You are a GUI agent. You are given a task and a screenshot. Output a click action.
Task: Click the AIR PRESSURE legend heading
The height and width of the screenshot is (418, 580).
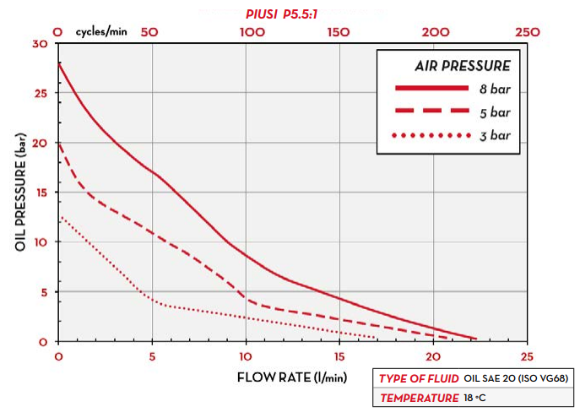pyautogui.click(x=462, y=65)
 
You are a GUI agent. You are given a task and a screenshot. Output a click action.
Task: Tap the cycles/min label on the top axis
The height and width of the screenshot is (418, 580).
pyautogui.click(x=99, y=31)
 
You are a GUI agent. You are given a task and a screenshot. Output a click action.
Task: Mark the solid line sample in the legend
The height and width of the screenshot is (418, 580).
pyautogui.click(x=431, y=88)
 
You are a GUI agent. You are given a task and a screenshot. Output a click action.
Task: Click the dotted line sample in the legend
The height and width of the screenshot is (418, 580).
pyautogui.click(x=431, y=136)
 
